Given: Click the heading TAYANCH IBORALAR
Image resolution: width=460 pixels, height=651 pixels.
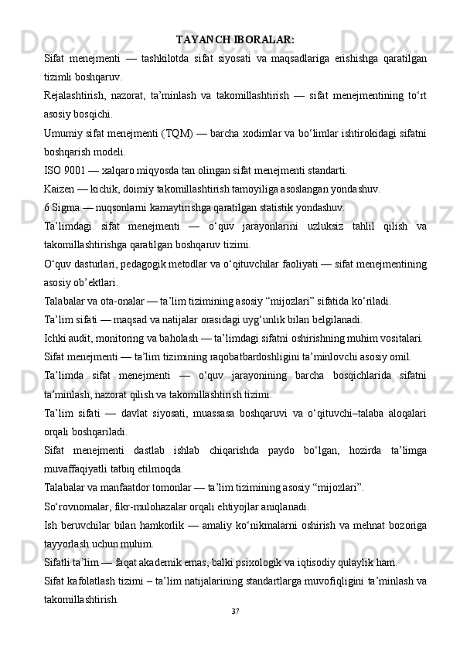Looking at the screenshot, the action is coord(235,39).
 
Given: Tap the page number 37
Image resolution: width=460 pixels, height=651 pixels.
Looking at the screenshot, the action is coord(235,612).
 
